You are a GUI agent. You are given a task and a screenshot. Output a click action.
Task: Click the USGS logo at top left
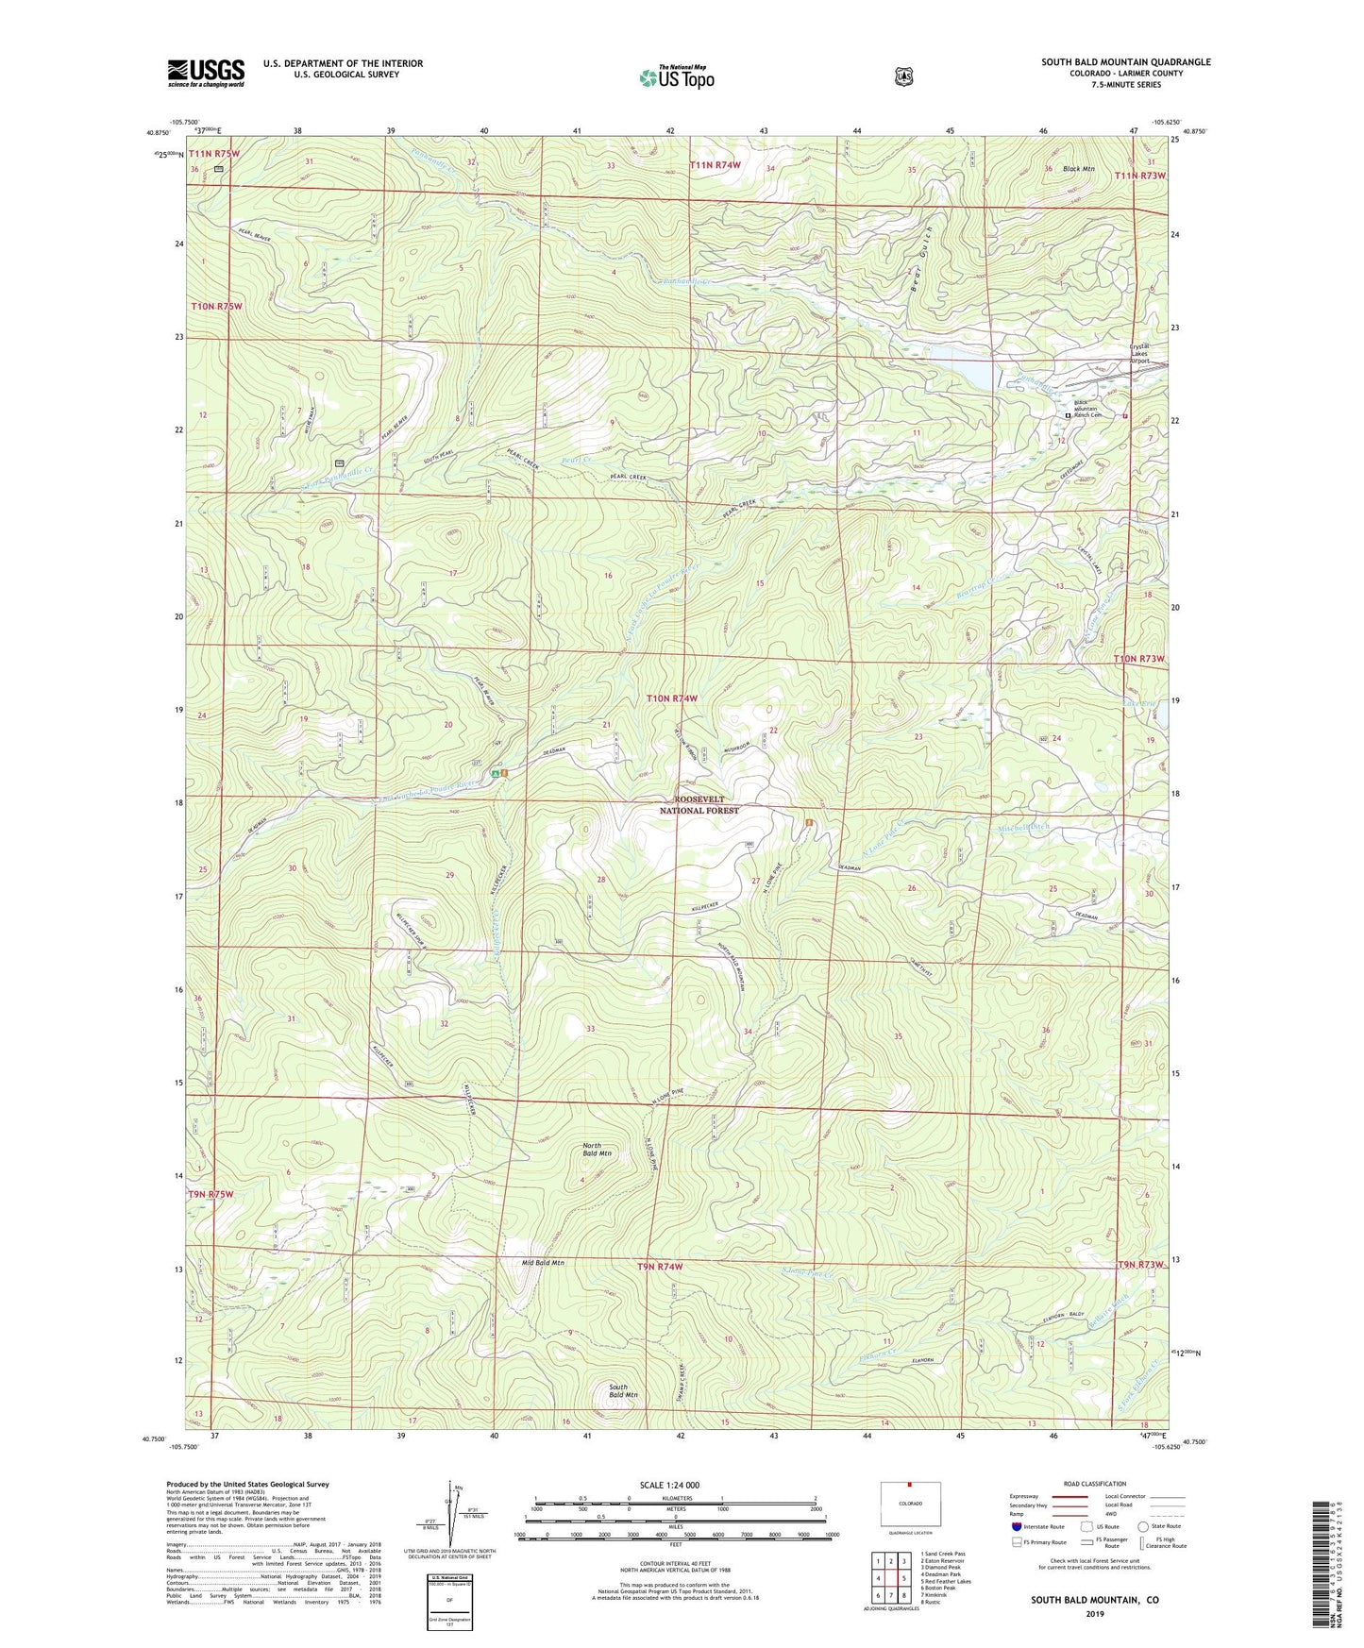(x=206, y=73)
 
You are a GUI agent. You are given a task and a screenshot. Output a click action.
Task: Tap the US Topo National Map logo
(x=676, y=76)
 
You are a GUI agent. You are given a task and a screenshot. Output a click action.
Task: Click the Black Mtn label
(x=1077, y=169)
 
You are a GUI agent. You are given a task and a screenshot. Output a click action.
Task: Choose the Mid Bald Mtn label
(x=543, y=1262)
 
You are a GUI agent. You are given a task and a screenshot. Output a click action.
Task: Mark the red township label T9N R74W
(x=650, y=1266)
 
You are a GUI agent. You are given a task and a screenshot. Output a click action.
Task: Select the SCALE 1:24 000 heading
(x=669, y=1485)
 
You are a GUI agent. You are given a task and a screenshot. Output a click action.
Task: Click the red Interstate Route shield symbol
(x=1016, y=1525)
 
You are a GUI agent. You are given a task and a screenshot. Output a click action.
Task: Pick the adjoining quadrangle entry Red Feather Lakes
(x=946, y=1581)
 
